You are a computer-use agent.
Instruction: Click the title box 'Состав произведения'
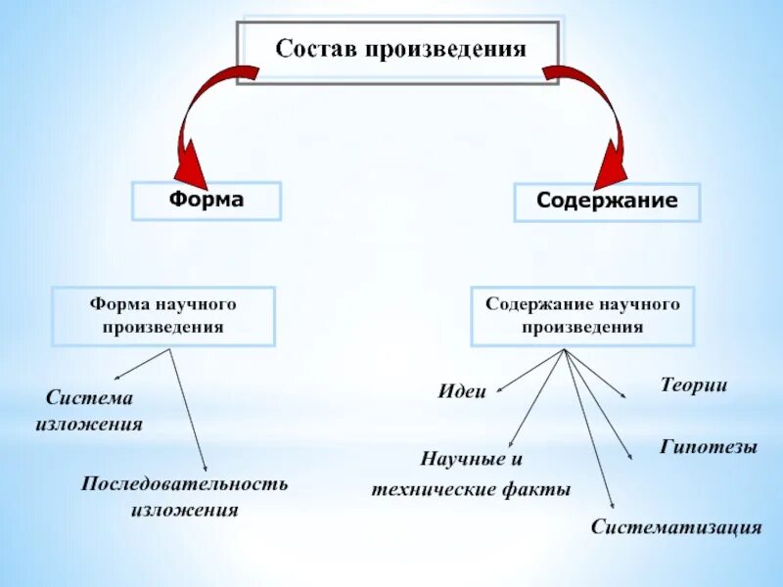click(398, 49)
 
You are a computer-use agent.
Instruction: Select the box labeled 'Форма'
click(207, 201)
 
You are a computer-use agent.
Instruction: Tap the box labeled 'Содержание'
click(607, 202)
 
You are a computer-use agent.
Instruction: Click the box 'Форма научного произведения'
click(163, 315)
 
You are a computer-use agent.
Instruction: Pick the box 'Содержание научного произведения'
click(582, 315)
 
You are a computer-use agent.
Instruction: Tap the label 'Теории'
click(694, 385)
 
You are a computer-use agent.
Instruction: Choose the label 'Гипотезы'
click(708, 447)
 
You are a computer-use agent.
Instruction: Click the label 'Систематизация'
click(675, 527)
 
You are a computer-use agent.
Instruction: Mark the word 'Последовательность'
click(184, 484)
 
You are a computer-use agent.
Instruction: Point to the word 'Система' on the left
click(89, 398)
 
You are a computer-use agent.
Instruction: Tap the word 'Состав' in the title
click(312, 49)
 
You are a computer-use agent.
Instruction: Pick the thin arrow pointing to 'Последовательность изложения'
click(189, 411)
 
